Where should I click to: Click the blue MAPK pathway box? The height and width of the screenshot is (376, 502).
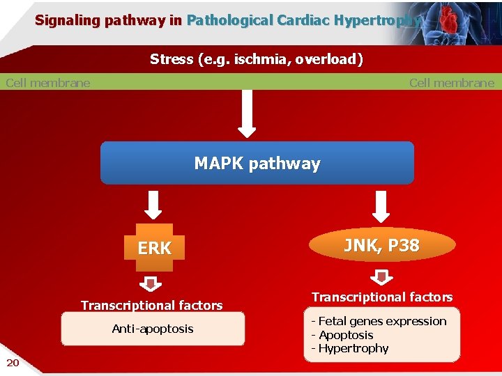[x=257, y=164]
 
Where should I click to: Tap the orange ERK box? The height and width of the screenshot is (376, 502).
[x=154, y=248]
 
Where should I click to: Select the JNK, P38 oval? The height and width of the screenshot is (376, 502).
[x=381, y=246]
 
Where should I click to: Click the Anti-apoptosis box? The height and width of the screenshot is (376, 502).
[x=153, y=329]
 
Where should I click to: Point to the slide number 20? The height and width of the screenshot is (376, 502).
[x=13, y=361]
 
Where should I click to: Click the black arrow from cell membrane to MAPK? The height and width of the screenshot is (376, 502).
[x=248, y=114]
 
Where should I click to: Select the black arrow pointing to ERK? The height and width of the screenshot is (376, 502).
[x=155, y=205]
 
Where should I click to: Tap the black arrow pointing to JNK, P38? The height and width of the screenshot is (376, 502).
[x=381, y=205]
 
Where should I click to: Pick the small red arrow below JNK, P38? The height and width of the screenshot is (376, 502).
[x=381, y=277]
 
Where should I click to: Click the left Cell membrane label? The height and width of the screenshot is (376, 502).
[x=47, y=83]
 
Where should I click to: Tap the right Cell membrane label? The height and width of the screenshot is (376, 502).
[x=451, y=83]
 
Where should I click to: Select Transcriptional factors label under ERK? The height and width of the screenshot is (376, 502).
[x=152, y=305]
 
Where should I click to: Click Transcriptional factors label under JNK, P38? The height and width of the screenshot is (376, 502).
[x=382, y=297]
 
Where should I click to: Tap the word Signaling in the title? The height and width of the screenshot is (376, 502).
[x=66, y=20]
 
